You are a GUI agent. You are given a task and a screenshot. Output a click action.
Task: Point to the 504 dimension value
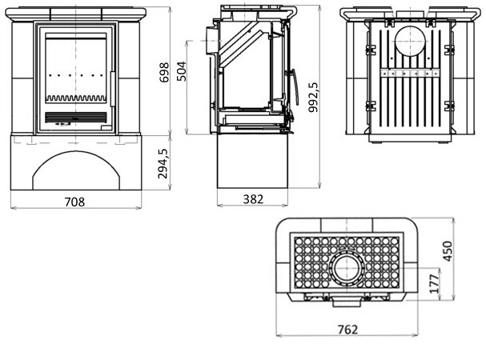click(182, 71)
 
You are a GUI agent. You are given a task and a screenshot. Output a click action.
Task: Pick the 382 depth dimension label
click(252, 200)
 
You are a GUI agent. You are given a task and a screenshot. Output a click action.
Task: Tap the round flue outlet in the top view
click(347, 266)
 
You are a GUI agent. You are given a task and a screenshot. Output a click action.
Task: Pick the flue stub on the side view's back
click(211, 38)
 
